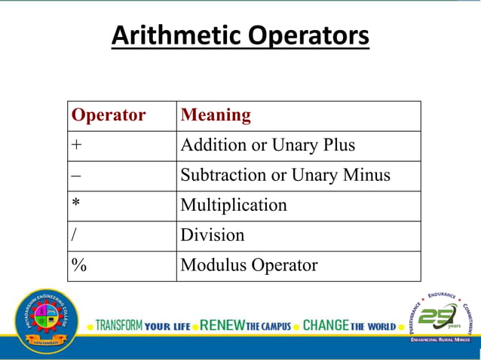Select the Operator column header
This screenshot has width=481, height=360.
click(x=108, y=115)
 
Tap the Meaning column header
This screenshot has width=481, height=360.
click(x=216, y=115)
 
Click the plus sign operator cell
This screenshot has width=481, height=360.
click(x=76, y=145)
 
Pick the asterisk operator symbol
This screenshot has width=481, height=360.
click(x=76, y=204)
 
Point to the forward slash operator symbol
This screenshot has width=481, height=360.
click(x=74, y=235)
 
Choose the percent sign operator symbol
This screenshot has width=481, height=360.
click(x=78, y=265)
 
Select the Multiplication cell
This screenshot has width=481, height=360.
click(x=234, y=205)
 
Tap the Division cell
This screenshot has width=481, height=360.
click(x=213, y=235)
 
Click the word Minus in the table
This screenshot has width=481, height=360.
click(x=365, y=175)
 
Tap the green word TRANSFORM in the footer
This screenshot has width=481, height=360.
click(x=118, y=326)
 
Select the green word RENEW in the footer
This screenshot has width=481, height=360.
click(x=222, y=326)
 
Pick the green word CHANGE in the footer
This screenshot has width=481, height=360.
click(x=326, y=326)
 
